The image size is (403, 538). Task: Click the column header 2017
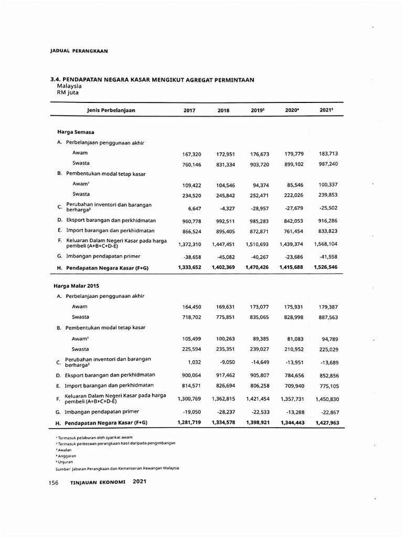(x=188, y=110)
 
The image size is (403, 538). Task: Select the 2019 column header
(x=257, y=110)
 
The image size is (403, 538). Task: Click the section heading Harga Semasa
(x=76, y=132)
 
